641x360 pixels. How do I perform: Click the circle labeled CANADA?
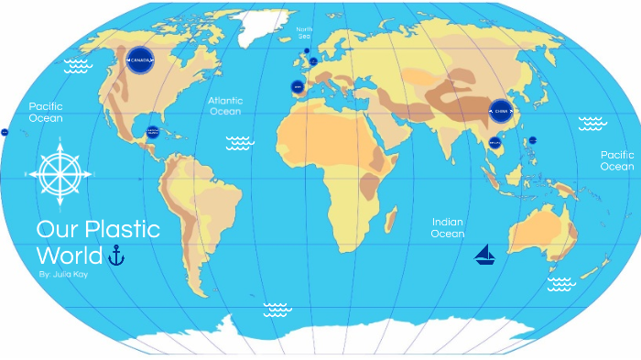(139, 61)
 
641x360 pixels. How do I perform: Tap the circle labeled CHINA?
(499, 114)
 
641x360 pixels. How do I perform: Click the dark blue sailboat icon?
(485, 255)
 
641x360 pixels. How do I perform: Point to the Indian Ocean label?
(448, 228)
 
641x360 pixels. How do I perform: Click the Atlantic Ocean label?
(224, 105)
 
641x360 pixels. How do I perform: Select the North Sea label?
(304, 33)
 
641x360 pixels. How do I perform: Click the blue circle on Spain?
(297, 87)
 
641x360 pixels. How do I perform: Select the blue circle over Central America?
(153, 132)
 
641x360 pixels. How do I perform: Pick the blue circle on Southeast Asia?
(495, 143)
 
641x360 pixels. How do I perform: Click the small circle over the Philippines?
(532, 139)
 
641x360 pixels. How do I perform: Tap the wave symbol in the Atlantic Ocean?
(240, 142)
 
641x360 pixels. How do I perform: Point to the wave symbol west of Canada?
(75, 65)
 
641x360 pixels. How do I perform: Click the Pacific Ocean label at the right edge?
(616, 161)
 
